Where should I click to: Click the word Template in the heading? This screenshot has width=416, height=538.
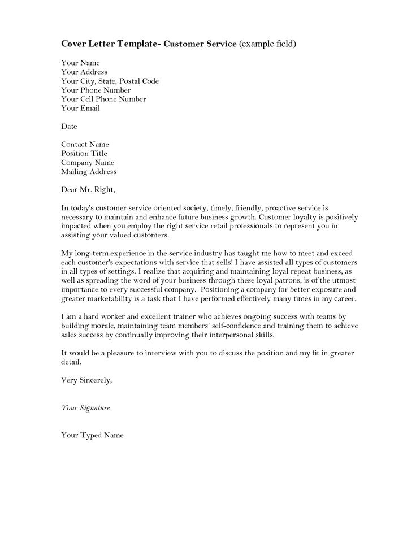tap(137, 44)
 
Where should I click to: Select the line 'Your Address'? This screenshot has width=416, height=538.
tap(84, 72)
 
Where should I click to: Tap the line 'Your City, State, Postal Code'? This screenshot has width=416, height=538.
tap(110, 81)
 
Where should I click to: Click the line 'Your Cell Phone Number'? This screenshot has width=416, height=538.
tap(103, 99)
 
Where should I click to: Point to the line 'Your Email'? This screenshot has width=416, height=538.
tap(80, 108)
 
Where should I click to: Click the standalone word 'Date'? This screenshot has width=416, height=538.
tap(69, 126)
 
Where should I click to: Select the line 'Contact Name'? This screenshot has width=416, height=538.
tap(85, 144)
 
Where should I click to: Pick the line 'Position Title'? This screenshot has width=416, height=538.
tap(84, 153)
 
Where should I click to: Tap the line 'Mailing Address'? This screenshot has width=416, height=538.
tap(89, 171)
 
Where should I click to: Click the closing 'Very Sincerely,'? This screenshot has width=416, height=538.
tap(86, 380)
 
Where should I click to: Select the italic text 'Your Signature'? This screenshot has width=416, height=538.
tap(85, 407)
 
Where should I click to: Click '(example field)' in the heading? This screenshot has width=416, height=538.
tap(267, 44)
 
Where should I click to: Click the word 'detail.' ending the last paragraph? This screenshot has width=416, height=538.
tap(71, 362)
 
